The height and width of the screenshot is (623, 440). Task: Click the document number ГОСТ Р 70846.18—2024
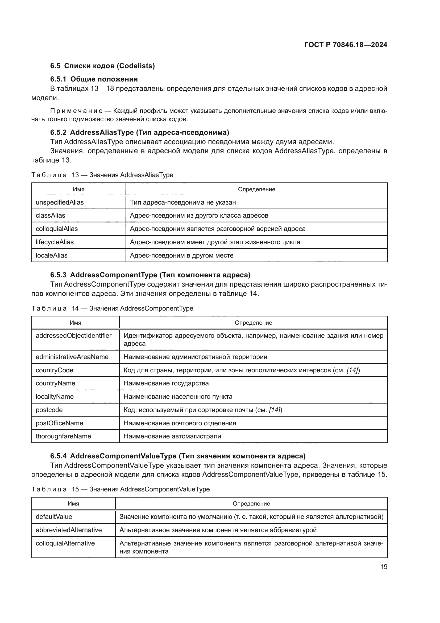tap(346, 45)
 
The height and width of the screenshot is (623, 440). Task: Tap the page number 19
tap(384, 567)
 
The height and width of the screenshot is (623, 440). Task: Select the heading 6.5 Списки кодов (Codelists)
tap(102, 66)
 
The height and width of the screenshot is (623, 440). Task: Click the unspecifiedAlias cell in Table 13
tap(60, 202)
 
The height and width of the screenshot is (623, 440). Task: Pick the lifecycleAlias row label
tap(55, 242)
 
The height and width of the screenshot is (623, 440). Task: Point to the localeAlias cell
tap(52, 255)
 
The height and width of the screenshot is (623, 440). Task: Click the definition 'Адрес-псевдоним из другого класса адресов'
tap(199, 215)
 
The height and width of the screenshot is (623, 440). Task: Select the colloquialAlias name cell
tap(57, 229)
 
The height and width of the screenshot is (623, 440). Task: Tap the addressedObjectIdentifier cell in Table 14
tap(73, 336)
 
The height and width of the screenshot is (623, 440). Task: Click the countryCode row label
tap(55, 370)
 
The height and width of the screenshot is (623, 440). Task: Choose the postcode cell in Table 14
tap(49, 410)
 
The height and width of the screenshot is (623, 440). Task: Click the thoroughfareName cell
tap(63, 436)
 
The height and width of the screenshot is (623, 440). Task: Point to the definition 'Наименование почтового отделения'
tap(180, 423)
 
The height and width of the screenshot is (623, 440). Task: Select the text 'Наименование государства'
tap(166, 383)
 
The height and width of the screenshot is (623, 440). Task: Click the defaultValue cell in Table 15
tap(54, 516)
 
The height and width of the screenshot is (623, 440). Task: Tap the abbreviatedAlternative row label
tap(69, 530)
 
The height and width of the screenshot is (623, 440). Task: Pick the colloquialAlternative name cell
tap(65, 543)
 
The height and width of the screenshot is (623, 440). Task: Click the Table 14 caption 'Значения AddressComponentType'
tap(141, 308)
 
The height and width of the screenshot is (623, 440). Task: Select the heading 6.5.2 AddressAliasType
tap(140, 132)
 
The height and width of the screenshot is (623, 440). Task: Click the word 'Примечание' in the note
tap(76, 111)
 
